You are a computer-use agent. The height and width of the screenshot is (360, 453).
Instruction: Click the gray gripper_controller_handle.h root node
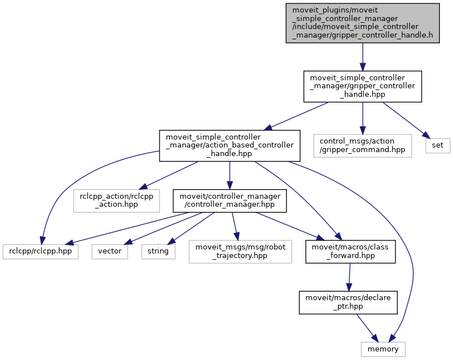click(362, 23)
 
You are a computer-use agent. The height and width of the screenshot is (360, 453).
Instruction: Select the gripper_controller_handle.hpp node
click(362, 87)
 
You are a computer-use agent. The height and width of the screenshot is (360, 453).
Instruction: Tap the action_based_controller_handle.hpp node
click(229, 145)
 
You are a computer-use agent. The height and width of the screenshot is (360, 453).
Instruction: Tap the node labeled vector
click(109, 251)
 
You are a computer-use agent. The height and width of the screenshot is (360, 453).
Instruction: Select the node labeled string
click(158, 251)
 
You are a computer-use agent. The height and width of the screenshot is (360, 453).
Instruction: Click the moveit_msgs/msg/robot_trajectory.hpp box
click(240, 251)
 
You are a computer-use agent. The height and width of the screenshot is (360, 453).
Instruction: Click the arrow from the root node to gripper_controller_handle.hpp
click(362, 57)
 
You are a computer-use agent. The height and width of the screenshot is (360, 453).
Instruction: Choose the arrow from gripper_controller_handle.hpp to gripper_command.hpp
click(362, 117)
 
